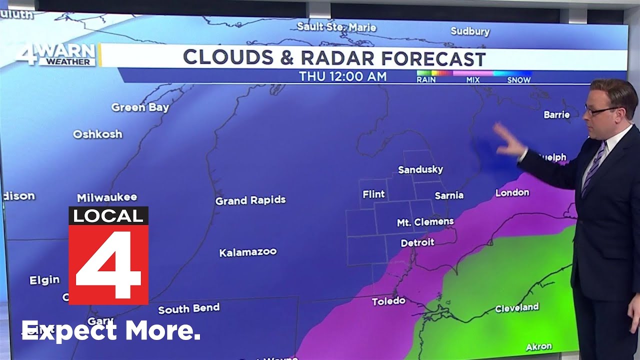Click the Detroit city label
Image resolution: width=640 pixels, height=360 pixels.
pos(417,242)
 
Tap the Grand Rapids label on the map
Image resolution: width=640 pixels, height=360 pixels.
pos(250,200)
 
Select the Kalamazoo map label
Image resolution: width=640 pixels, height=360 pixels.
pos(248,252)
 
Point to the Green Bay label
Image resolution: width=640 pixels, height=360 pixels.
pos(140,107)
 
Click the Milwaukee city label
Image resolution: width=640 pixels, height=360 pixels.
pos(107,197)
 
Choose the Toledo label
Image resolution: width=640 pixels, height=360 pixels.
pos(388,301)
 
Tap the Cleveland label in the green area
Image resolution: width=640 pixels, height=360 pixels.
pos(516,307)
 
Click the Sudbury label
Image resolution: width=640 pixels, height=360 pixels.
pos(470,31)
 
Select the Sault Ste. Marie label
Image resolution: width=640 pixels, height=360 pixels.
pos(336,26)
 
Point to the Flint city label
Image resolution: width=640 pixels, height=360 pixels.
pos(373,194)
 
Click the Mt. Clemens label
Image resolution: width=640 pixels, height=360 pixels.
pos(425,221)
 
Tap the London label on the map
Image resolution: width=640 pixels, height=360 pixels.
pos(512,192)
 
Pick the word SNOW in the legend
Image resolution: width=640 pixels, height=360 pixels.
pos(518,80)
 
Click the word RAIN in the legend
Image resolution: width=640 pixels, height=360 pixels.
pos(425,80)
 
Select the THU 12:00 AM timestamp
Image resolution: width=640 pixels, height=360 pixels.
pos(342,76)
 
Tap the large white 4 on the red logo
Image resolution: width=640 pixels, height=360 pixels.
pos(108,263)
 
